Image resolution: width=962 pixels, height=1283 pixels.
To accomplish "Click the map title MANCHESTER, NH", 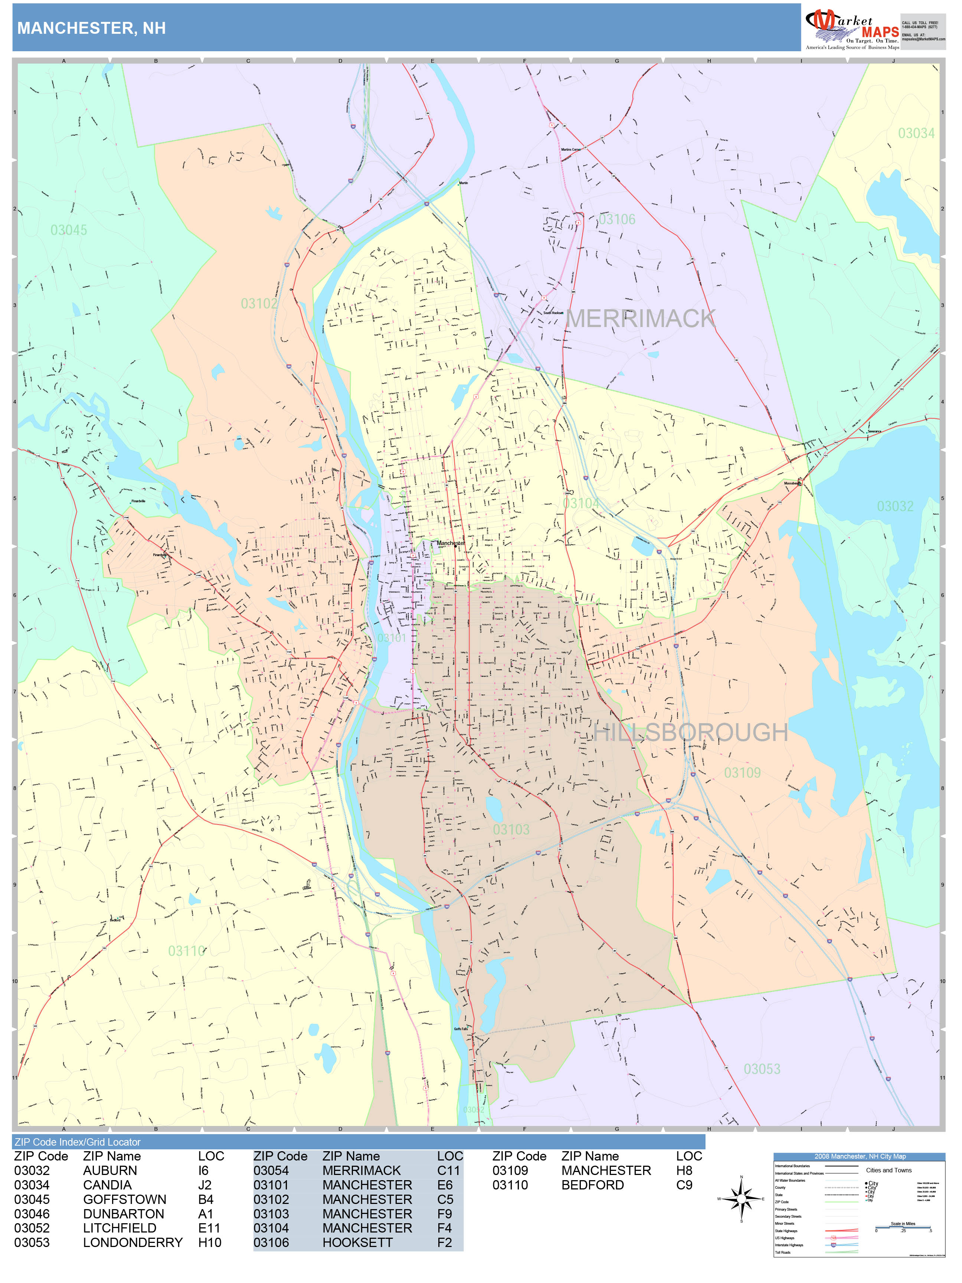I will [92, 29].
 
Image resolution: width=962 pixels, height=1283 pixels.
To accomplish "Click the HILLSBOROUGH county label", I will [690, 732].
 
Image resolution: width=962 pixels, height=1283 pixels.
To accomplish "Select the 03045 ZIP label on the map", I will [68, 230].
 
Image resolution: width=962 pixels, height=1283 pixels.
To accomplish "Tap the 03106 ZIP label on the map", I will [616, 220].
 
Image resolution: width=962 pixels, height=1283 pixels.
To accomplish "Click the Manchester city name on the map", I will [450, 543].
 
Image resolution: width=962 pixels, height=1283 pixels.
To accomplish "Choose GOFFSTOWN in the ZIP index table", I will [124, 1199].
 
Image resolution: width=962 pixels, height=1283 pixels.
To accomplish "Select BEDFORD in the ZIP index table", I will [592, 1185].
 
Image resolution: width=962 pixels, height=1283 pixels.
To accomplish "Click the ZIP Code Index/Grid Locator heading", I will [78, 1142].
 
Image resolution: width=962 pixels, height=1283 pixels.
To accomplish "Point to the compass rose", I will [741, 1199].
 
